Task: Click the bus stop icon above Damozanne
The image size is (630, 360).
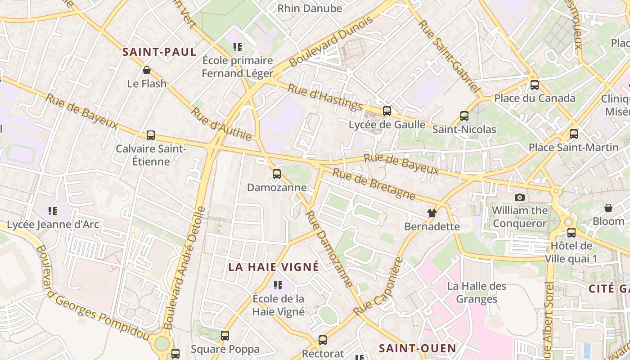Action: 277,174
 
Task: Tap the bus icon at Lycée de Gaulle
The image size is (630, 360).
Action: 387,111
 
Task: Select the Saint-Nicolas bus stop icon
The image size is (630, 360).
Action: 464,116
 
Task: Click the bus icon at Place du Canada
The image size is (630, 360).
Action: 535,85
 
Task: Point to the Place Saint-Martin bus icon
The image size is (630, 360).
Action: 574,134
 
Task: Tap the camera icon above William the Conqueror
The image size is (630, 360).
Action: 520,197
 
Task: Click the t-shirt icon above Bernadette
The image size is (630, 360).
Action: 432,213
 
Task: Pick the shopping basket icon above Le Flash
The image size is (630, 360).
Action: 147,70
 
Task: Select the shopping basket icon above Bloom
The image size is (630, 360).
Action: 608,208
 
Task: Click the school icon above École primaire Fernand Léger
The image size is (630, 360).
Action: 237,47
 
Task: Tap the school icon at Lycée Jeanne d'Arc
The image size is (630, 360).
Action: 53,211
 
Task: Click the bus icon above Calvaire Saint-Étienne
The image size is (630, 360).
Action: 151,135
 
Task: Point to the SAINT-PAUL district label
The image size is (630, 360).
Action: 160,52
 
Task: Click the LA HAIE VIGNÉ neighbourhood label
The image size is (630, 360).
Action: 274,267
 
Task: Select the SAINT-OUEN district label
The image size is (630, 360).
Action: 418,348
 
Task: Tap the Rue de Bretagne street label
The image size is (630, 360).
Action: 373,184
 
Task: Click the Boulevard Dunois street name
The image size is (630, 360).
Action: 332,41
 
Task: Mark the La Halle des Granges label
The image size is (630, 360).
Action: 477,292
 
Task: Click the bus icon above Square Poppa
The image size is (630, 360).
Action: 225,335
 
